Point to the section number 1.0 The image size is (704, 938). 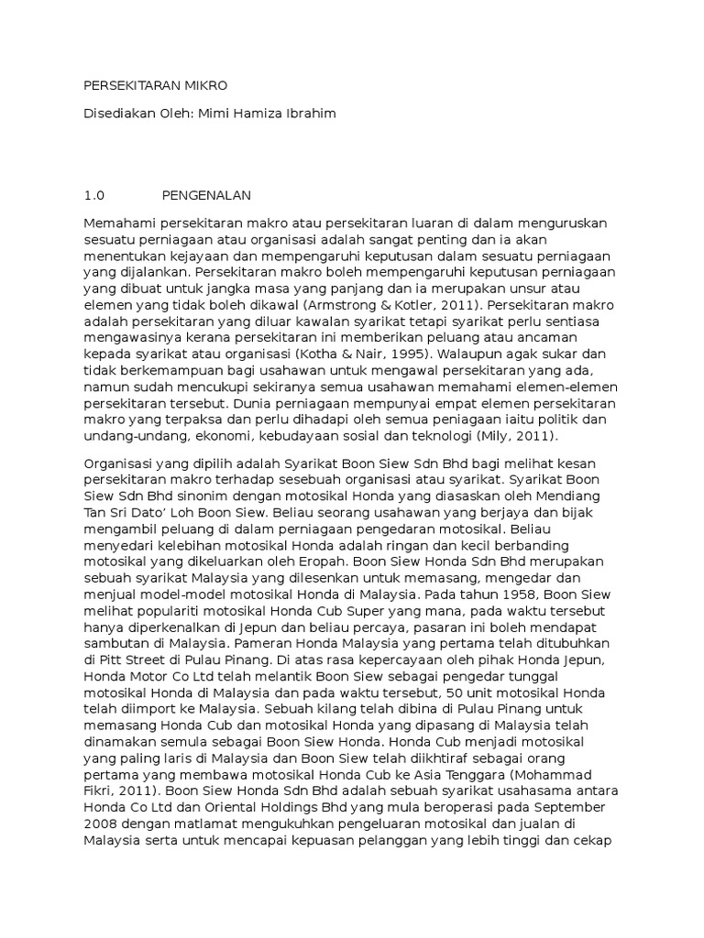coord(94,196)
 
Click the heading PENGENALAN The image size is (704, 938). coord(206,196)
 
